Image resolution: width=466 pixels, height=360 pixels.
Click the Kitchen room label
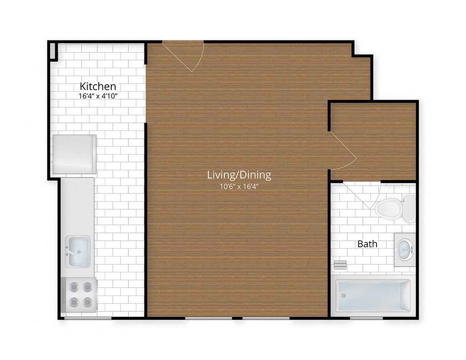[98, 86]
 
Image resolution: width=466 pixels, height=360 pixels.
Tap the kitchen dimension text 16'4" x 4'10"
[98, 96]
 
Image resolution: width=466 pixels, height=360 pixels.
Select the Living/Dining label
[239, 175]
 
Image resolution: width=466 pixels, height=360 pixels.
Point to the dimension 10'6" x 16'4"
[239, 186]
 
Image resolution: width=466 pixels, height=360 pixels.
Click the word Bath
[367, 244]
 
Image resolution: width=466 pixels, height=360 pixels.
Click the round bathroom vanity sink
[405, 250]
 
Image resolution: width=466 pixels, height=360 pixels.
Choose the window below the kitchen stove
[88, 318]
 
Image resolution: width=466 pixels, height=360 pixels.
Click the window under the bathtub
[366, 318]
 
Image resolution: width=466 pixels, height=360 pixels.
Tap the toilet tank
[410, 209]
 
